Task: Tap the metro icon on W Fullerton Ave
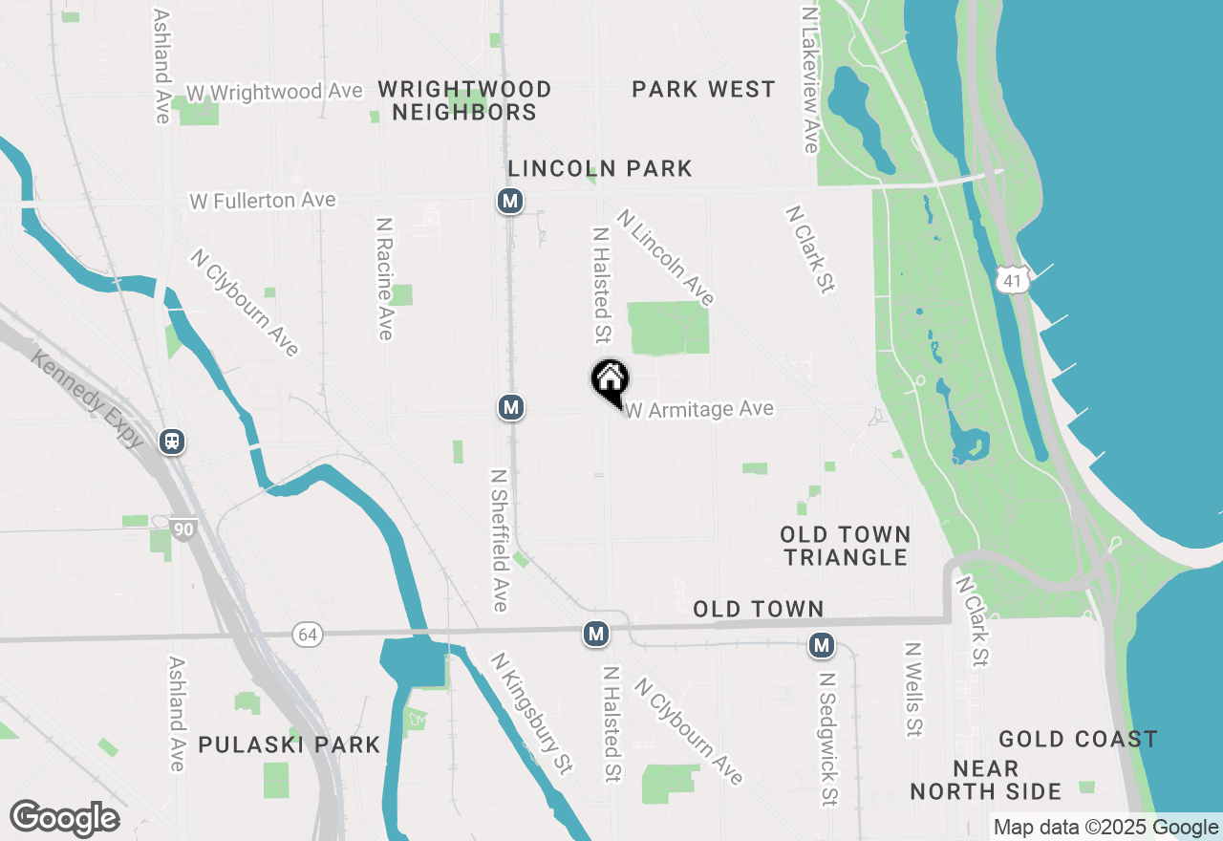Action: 510,201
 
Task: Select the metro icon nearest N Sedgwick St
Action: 821,645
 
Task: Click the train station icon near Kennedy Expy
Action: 173,442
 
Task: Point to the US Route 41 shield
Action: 1012,280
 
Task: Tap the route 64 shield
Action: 306,635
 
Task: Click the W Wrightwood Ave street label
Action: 274,92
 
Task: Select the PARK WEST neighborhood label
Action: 703,90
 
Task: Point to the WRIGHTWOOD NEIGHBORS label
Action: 464,100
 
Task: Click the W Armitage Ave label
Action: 699,410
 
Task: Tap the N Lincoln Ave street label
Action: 666,257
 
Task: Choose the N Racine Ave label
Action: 384,278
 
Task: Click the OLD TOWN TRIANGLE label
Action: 845,546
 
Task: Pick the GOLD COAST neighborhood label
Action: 1078,739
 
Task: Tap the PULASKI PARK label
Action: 289,744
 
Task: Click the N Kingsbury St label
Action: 532,712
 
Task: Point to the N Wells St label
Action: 912,689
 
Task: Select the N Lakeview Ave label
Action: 811,81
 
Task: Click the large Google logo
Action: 64,819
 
